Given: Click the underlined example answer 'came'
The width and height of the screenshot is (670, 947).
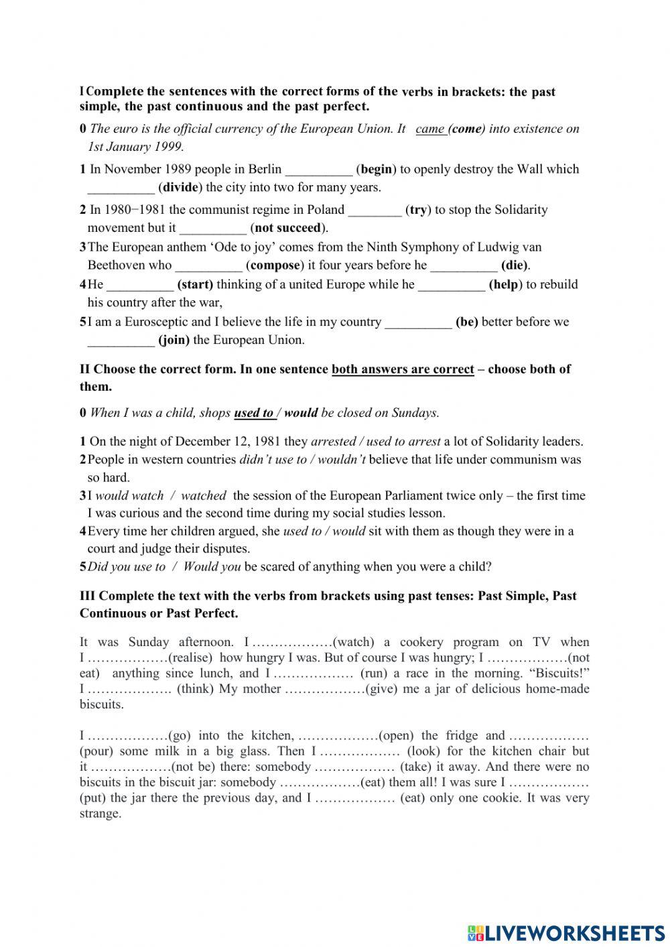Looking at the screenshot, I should pyautogui.click(x=430, y=129).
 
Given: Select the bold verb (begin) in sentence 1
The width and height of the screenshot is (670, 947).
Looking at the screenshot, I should pyautogui.click(x=377, y=169).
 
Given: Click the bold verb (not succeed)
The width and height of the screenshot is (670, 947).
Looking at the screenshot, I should pyautogui.click(x=289, y=227).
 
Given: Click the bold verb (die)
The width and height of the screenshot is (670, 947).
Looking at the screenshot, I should pyautogui.click(x=515, y=265).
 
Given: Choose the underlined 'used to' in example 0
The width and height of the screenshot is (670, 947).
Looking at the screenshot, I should pyautogui.click(x=253, y=413).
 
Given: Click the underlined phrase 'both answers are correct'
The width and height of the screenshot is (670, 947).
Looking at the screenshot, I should pyautogui.click(x=403, y=369).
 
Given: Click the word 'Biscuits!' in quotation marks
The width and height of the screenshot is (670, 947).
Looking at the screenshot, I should pyautogui.click(x=561, y=673).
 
